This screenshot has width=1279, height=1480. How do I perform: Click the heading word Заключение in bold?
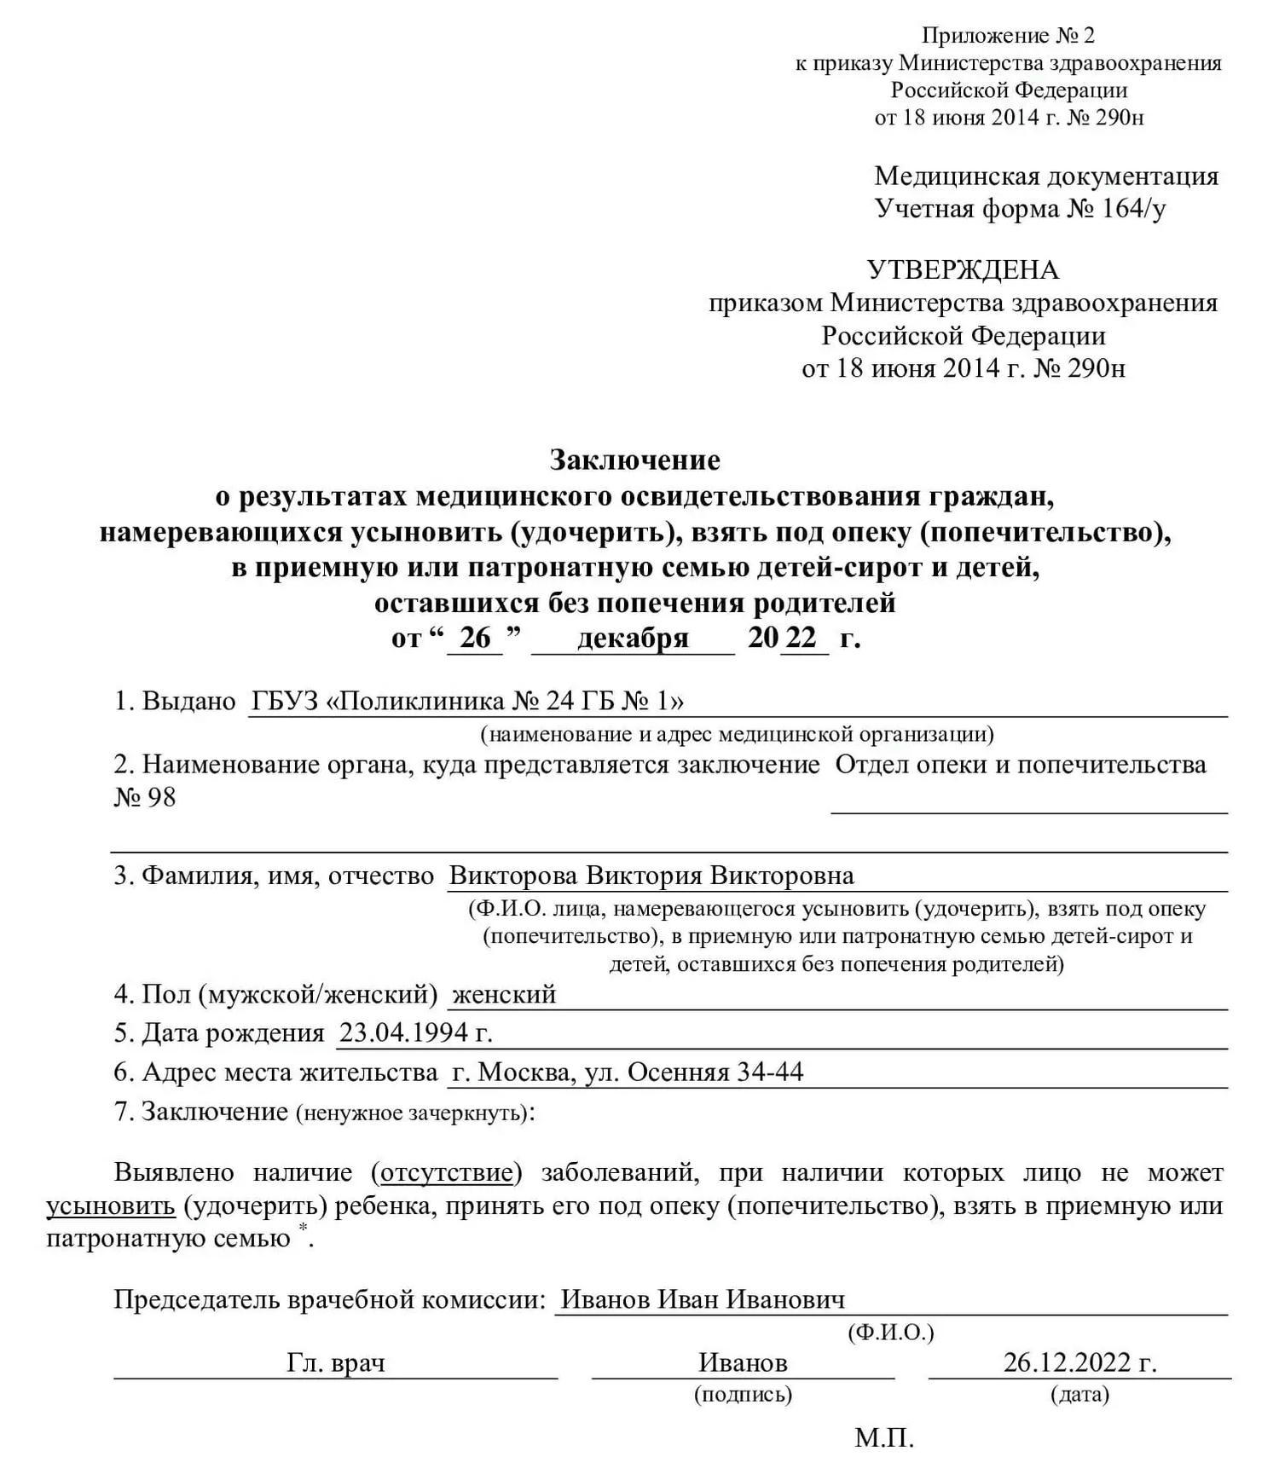tap(634, 460)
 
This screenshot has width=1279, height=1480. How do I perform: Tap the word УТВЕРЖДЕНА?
tap(963, 270)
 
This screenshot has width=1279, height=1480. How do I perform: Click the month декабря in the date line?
tap(632, 638)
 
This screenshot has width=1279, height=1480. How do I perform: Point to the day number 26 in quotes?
tap(475, 638)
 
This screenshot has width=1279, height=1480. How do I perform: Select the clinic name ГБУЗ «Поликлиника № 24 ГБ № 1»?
tap(466, 701)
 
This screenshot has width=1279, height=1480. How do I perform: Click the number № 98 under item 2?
tap(145, 797)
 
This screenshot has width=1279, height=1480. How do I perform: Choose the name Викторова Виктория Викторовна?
tap(651, 876)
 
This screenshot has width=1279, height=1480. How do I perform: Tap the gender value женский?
tap(504, 994)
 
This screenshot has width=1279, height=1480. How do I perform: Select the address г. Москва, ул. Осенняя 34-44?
tap(627, 1072)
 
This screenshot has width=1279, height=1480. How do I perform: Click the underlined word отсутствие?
tap(447, 1173)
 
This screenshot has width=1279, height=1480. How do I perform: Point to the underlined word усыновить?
tap(111, 1206)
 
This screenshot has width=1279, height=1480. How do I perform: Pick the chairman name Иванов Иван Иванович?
tap(703, 1299)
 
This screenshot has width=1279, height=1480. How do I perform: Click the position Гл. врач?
tap(335, 1363)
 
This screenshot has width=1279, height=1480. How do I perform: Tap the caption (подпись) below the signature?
tap(743, 1395)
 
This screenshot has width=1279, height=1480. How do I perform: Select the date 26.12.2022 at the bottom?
tap(1079, 1363)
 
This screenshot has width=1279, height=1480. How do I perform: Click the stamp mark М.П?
tap(884, 1439)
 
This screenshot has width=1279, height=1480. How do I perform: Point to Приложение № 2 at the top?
tap(1008, 36)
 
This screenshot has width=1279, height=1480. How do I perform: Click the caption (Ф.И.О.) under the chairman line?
tap(891, 1333)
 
